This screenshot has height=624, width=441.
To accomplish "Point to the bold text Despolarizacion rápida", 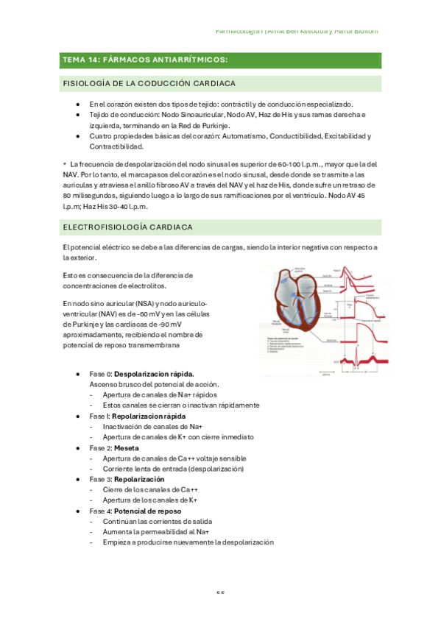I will click(154, 375).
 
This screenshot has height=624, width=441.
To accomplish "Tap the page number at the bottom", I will click(219, 592).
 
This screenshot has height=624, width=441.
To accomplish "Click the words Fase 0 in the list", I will click(100, 375).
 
